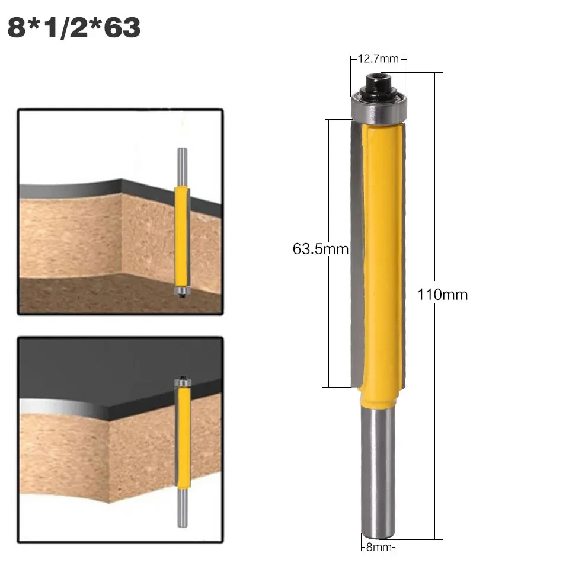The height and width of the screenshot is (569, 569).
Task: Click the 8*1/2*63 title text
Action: point(74,28)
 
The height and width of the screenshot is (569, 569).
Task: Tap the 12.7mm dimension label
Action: point(378,59)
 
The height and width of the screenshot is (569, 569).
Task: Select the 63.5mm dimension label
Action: point(320,249)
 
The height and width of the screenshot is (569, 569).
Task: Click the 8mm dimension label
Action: point(378,547)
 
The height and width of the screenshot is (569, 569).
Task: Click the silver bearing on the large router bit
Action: point(378,107)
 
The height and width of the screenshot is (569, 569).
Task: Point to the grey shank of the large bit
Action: point(378,468)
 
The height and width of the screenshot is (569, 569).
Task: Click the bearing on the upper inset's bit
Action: point(182,290)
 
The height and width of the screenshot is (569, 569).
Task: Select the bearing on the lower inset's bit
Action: point(183,384)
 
